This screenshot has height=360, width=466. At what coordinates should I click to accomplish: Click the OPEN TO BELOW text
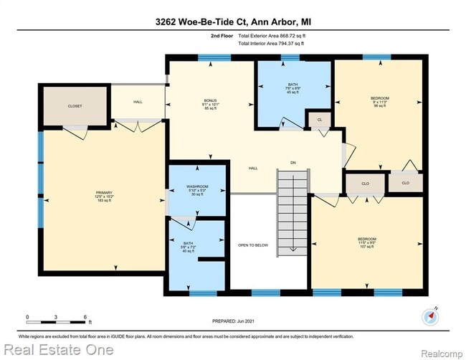pos(252,245)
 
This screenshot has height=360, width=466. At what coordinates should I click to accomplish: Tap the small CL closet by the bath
pos(316,120)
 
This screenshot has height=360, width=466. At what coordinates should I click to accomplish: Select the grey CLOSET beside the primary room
pos(75,106)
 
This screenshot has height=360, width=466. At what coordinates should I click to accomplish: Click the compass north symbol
pos(429,316)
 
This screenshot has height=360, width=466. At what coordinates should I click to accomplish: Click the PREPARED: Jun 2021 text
pos(233,321)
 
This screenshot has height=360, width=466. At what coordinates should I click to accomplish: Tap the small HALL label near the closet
pos(138,102)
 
